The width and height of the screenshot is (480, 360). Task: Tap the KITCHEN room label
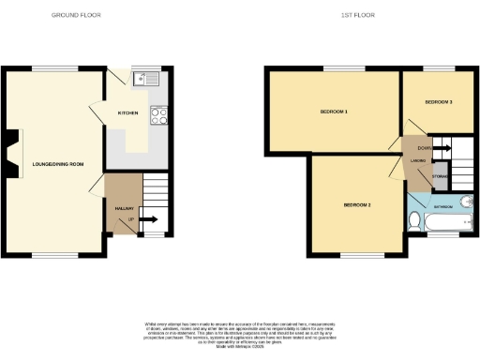coord(127,112)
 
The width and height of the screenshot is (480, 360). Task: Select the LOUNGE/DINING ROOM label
coord(58,164)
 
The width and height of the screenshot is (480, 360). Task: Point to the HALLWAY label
coord(124,208)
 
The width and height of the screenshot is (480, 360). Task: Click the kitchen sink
coord(144,79)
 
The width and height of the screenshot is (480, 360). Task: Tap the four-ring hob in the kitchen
coord(158,116)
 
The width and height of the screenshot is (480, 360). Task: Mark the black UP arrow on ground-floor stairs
coord(146,221)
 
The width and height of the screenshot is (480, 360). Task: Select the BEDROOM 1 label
coord(335,112)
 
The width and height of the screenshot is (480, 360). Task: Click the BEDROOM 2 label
coord(357,204)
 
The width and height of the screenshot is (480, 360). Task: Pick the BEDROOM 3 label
coord(439,101)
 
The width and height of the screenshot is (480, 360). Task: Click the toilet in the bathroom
coord(415,221)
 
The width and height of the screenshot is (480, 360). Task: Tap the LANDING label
coord(418,160)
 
